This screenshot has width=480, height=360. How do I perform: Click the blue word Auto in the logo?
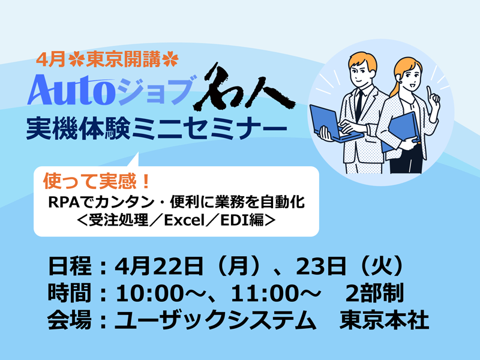(71, 90)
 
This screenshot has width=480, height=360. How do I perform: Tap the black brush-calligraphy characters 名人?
(244, 87)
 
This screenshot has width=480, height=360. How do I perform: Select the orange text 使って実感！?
(97, 181)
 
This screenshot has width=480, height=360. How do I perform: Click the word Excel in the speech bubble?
(184, 220)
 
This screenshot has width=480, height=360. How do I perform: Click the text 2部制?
(374, 293)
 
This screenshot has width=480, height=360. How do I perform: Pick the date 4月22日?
(158, 266)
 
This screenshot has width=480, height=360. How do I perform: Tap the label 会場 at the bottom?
(70, 320)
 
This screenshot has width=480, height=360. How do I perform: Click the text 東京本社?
(384, 320)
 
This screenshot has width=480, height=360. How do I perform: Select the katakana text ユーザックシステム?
(215, 320)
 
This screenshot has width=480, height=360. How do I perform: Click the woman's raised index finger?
(430, 92)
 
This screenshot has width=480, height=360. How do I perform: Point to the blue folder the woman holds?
(401, 131)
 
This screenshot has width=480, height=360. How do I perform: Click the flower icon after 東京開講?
(171, 59)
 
